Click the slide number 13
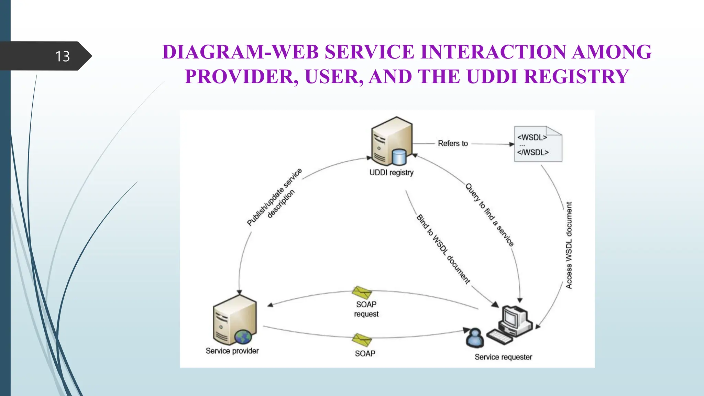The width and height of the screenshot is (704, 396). click(63, 56)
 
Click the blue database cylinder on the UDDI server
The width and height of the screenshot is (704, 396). click(399, 157)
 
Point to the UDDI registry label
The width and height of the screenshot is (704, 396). click(391, 173)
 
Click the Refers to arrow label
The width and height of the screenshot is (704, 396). click(453, 143)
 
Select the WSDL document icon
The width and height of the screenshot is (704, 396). click(538, 144)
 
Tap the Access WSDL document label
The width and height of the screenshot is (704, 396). click(569, 245)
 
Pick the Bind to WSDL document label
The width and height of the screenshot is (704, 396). click(443, 249)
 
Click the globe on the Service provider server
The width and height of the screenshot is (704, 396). click(243, 337)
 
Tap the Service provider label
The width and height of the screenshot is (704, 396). click(232, 351)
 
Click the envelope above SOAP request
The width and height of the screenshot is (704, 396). click(362, 293)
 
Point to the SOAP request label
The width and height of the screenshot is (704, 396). click(366, 309)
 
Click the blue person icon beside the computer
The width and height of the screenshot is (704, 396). click(475, 339)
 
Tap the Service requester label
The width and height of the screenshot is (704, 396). click(503, 357)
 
